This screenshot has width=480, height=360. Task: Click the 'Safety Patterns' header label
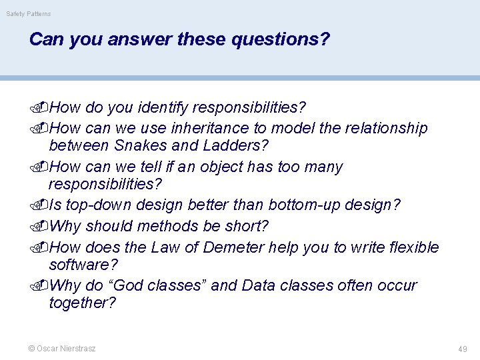28,14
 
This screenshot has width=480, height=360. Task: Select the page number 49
462,349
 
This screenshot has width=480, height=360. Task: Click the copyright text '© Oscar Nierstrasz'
61,349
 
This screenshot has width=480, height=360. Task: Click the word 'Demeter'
233,247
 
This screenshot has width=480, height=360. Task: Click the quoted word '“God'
124,285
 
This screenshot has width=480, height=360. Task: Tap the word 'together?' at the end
82,303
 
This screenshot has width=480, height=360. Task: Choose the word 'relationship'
387,128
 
